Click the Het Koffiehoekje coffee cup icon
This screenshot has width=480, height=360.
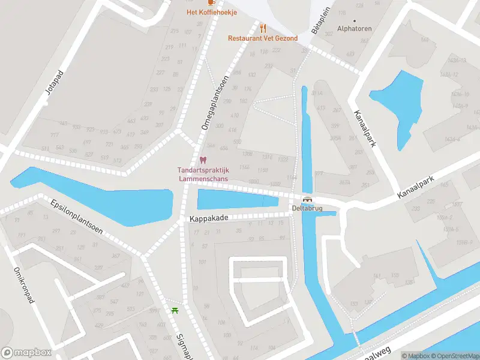click(211, 2)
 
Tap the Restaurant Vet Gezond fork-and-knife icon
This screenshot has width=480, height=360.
click(263, 28)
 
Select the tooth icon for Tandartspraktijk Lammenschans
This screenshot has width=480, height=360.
click(202, 160)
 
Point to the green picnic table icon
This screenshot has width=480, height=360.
click(175, 310)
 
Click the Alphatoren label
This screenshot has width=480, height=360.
click(355, 28)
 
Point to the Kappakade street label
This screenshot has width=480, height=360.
click(209, 218)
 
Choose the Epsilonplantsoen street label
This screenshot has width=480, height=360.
click(77, 217)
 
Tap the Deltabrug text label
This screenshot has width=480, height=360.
click(307, 209)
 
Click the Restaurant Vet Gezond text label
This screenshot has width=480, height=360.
click(263, 38)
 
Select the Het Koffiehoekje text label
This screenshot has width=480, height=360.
click(211, 12)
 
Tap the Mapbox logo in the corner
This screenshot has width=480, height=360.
click(26, 353)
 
